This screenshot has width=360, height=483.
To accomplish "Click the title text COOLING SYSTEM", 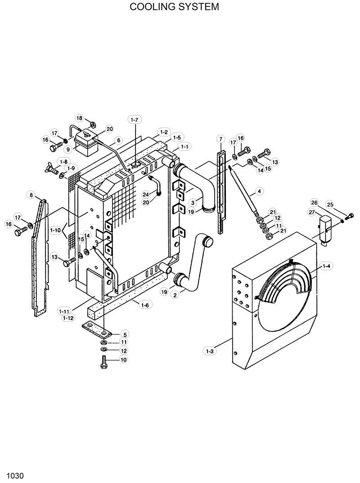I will [174, 7].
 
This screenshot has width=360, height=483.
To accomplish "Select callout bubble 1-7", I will [135, 120].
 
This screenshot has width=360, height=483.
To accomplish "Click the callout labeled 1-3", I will [209, 351].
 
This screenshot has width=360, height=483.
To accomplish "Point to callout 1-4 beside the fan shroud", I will [326, 266].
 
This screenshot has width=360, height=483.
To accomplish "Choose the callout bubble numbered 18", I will [80, 118].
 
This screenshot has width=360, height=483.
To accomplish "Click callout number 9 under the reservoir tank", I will [68, 149].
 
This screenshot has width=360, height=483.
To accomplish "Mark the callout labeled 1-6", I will [144, 305].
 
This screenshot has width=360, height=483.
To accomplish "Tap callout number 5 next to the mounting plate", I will [125, 334].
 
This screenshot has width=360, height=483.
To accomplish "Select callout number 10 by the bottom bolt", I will [124, 359].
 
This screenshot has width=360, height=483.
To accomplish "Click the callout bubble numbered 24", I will [146, 194].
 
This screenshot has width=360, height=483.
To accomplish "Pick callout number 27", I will [311, 212].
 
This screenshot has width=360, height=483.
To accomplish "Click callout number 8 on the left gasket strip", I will [31, 195].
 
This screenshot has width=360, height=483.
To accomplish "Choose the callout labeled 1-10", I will [56, 230].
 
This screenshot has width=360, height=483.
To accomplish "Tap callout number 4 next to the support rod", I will [259, 192].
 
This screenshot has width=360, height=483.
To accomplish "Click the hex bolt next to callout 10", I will [103, 360].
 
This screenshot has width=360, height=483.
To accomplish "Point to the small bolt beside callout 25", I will [346, 215].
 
